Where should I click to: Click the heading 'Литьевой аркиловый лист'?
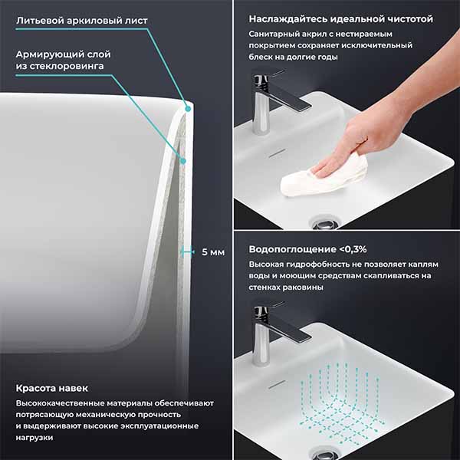click(82, 21)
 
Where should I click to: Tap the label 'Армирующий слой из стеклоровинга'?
click(64, 60)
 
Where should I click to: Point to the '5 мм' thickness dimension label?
click(213, 252)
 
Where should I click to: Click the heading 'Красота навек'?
click(52, 388)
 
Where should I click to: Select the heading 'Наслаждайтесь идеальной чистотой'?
click(341, 19)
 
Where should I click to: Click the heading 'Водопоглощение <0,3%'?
click(307, 249)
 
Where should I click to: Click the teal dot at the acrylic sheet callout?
click(188, 109)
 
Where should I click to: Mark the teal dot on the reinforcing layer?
click(183, 161)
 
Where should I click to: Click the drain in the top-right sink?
click(325, 222)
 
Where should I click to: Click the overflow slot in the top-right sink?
click(278, 153)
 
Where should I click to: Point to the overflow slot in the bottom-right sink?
click(278, 385)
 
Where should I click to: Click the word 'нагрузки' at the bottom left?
click(34, 438)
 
